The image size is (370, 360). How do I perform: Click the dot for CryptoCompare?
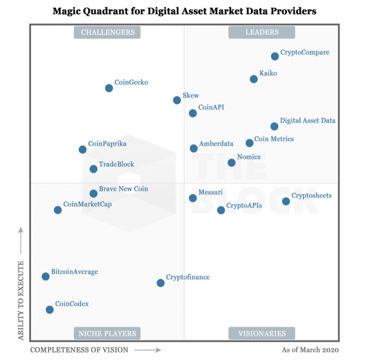click(275, 56)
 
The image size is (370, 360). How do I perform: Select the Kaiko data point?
click(254, 79)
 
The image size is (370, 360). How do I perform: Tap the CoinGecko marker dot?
click(109, 88)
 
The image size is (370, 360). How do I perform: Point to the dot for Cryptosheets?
click(286, 201)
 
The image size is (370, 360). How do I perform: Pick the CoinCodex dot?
click(50, 310)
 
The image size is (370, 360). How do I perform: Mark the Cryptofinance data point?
click(160, 283)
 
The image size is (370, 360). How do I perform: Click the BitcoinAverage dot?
click(46, 276)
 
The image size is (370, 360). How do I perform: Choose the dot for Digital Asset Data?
click(274, 126)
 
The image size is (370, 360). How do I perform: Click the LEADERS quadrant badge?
click(262, 32)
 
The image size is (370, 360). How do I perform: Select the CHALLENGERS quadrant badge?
click(108, 32)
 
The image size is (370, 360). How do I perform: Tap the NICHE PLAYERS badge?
click(107, 333)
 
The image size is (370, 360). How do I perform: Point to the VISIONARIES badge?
click(262, 333)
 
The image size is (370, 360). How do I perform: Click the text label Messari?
click(210, 192)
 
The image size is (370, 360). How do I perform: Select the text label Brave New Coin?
click(123, 189)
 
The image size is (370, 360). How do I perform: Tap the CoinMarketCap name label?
click(87, 204)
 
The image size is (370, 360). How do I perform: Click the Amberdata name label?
click(216, 144)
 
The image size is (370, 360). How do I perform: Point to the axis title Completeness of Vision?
click(79, 350)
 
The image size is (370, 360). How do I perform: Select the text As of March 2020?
click(310, 350)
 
